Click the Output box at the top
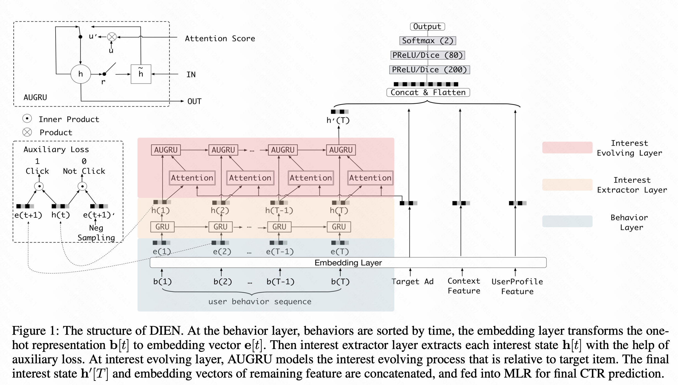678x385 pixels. click(427, 27)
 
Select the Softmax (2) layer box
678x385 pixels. click(428, 41)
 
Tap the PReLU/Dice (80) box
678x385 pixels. click(428, 55)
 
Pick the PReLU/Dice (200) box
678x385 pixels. click(429, 70)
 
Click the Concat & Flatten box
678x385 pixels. click(428, 92)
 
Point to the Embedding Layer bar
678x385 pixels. click(348, 263)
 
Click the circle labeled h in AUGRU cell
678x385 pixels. click(81, 74)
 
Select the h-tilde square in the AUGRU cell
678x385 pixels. click(141, 74)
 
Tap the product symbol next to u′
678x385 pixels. click(112, 37)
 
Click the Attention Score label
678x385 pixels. click(220, 38)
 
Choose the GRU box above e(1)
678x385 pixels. click(162, 227)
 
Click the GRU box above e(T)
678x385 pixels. click(339, 227)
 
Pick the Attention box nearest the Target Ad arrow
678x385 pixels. click(370, 178)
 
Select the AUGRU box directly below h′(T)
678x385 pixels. click(341, 150)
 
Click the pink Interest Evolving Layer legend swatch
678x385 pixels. click(567, 147)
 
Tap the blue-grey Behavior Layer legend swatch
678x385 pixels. click(567, 221)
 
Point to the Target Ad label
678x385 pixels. click(412, 281)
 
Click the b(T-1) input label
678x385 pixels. click(280, 281)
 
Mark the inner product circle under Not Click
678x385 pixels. click(82, 186)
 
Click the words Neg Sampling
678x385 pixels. click(96, 233)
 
